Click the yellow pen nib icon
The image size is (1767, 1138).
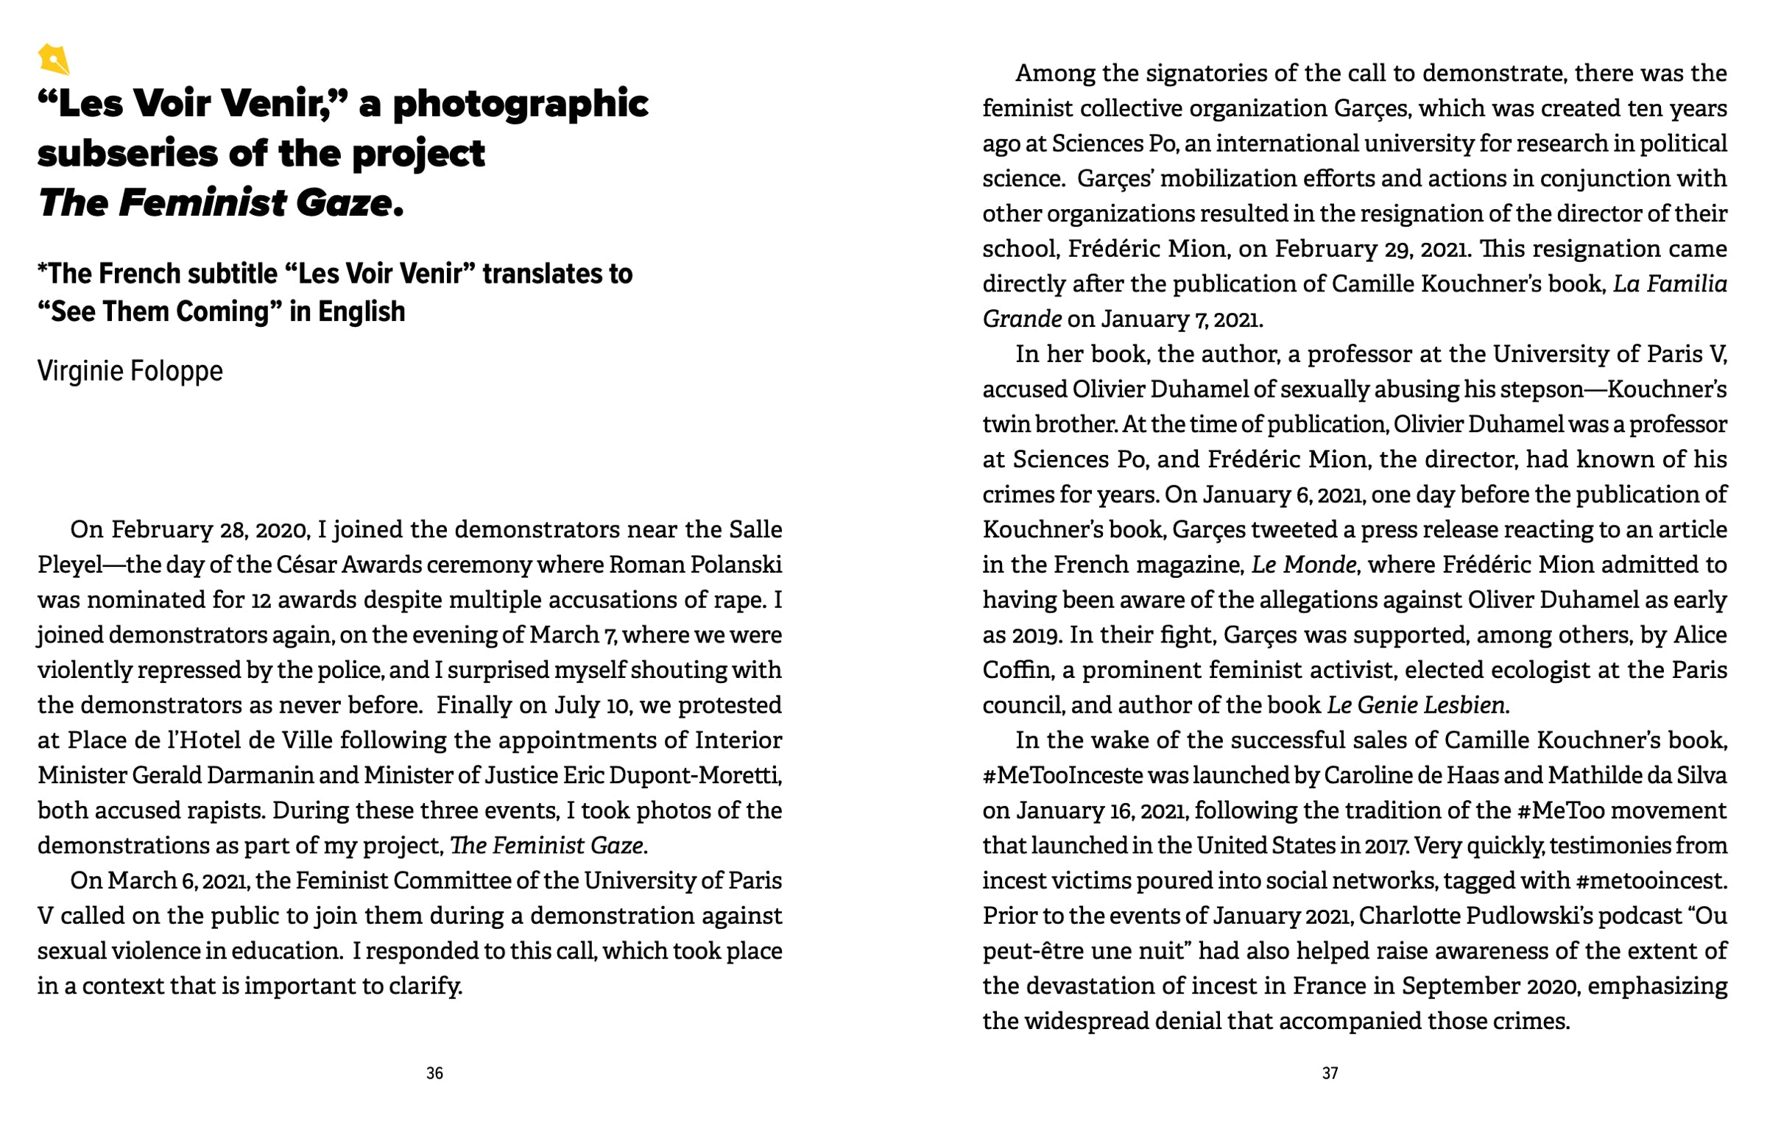[x=53, y=59]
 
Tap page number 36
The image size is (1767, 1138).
[x=434, y=1073]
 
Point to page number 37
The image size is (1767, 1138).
[x=1330, y=1073]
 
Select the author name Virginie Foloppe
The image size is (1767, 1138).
[x=130, y=371]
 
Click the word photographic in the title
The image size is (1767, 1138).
[x=521, y=105]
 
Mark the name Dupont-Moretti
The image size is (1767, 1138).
[x=708, y=775]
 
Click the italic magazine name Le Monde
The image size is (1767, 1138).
[x=1304, y=565]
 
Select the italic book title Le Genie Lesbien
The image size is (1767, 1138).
[x=1416, y=706]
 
